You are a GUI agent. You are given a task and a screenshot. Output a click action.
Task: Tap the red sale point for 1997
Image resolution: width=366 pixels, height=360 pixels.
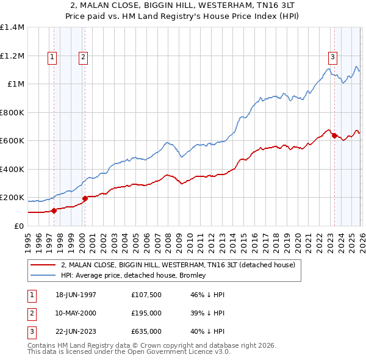54,211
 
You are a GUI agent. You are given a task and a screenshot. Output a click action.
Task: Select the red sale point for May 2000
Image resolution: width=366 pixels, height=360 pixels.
85,198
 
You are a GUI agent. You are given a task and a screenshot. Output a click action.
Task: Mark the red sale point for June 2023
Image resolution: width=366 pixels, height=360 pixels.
334,135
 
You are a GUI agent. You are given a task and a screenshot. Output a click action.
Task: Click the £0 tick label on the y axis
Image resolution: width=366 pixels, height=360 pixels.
18,226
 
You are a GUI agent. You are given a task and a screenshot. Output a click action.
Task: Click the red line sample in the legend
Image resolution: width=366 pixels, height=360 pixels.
43,265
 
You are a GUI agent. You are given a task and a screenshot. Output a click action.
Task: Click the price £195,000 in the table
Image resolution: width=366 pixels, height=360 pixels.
146,312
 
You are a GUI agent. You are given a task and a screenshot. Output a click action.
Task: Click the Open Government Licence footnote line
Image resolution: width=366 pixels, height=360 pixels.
129,353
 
